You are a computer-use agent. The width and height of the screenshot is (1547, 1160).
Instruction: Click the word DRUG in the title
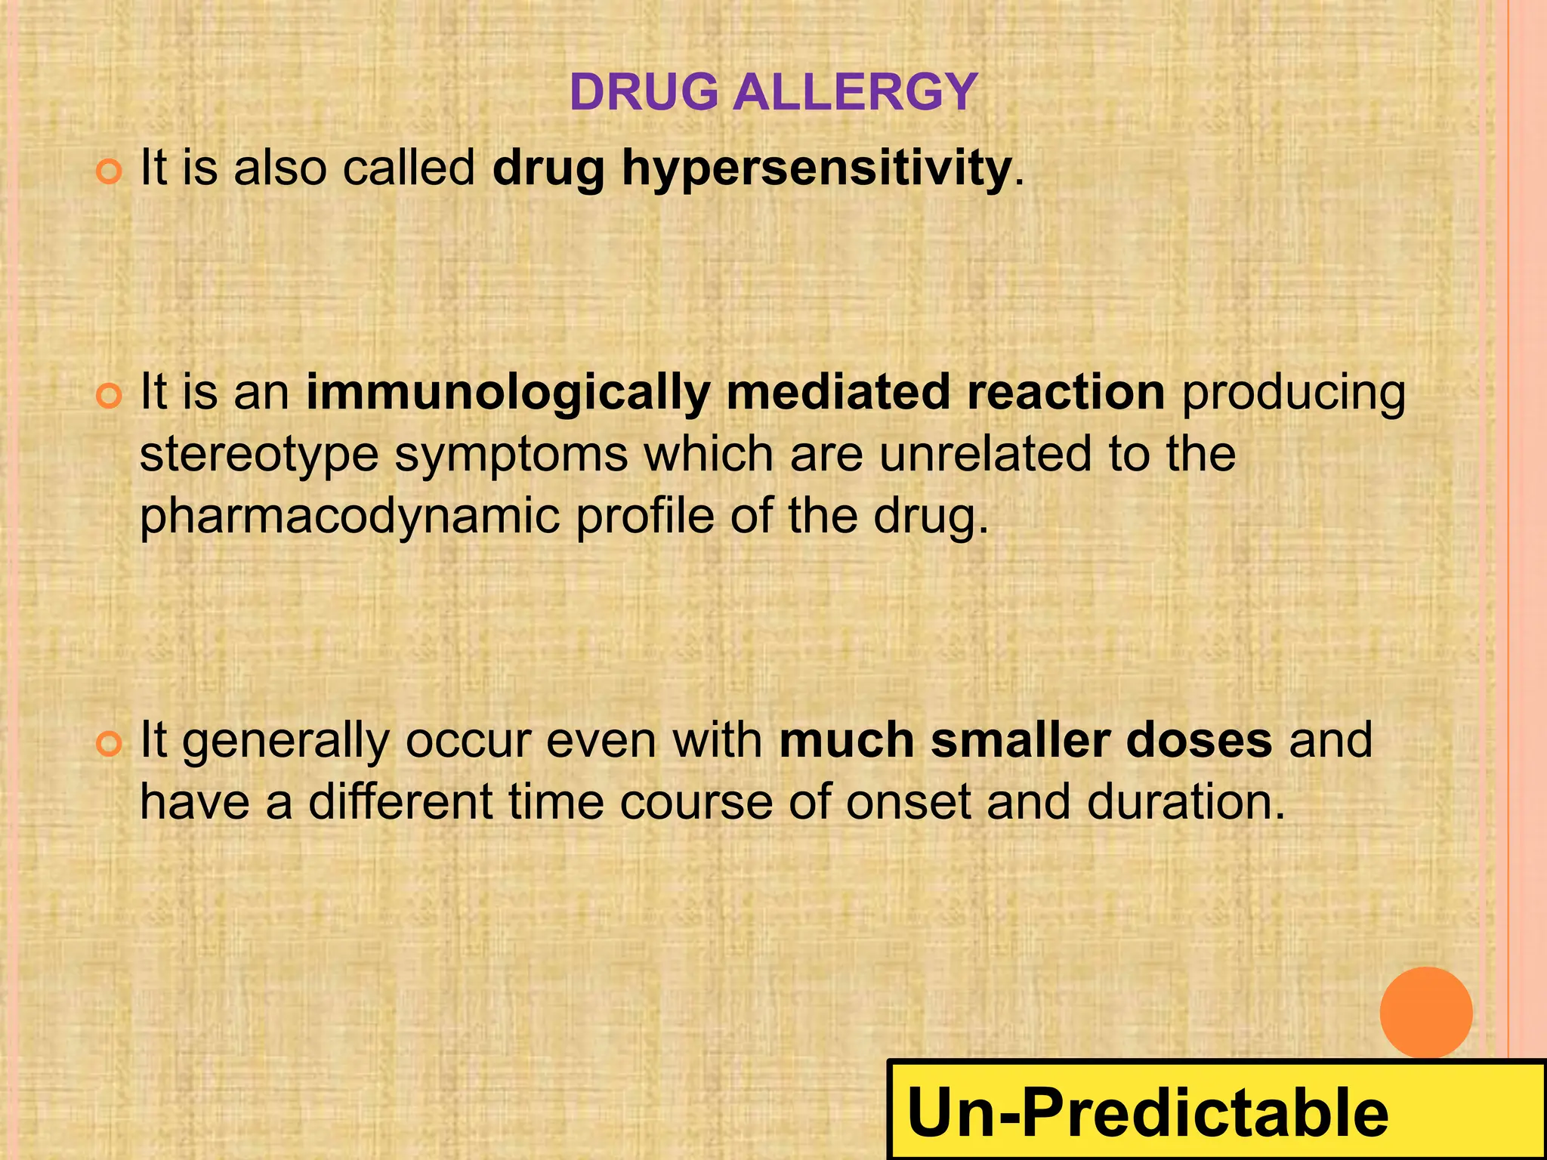point(644,92)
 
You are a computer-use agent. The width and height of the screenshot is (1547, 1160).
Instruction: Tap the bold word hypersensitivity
point(816,168)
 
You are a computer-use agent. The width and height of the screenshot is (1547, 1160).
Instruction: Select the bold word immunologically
point(508,393)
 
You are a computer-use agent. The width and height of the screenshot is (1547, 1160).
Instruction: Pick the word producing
point(1293,394)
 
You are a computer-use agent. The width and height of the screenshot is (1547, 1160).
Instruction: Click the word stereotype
point(259,455)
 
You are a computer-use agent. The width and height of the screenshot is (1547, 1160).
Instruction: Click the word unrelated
point(986,455)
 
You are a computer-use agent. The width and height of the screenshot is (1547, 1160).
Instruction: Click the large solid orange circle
point(1425,1013)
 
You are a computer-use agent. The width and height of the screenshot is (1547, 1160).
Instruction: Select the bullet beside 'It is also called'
point(110,172)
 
